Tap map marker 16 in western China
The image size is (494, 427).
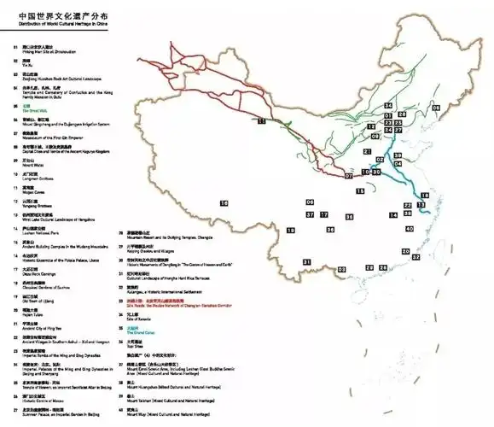(224, 203)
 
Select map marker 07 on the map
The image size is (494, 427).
(349, 176)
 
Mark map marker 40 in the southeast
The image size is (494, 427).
(410, 229)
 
